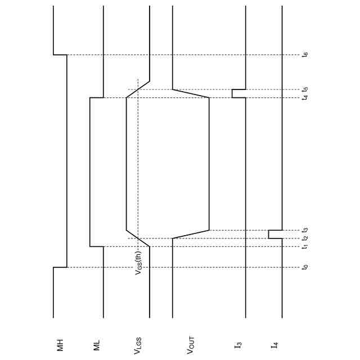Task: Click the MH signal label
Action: (x=60, y=345)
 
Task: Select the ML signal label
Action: (x=97, y=345)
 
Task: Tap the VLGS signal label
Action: (x=137, y=346)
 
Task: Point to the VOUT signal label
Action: (x=191, y=345)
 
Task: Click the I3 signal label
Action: (x=238, y=345)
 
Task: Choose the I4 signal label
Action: (x=274, y=345)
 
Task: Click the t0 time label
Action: (x=305, y=267)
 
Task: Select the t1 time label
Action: (x=305, y=246)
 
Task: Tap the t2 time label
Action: (x=305, y=238)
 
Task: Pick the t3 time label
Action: (x=305, y=230)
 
